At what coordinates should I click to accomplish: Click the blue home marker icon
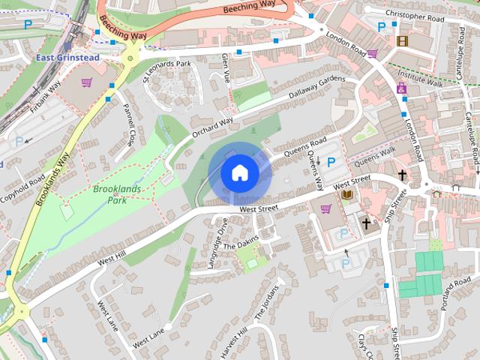[x=239, y=172]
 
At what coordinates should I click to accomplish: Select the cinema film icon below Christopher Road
[x=403, y=41]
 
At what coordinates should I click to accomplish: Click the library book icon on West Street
[x=346, y=195]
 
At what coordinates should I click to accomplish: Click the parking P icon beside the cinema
[x=382, y=26]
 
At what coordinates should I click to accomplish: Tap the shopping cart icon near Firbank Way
[x=86, y=82]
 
